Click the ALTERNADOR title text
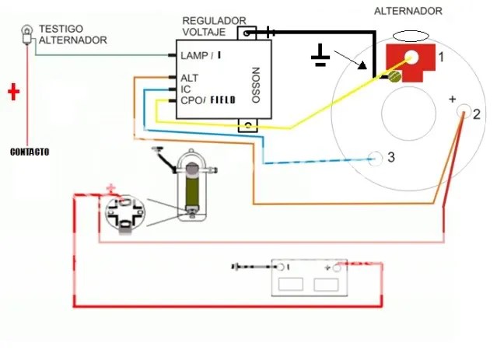point(408,11)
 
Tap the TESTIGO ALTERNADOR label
point(72,34)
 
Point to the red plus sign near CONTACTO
point(13,93)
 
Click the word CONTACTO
point(30,152)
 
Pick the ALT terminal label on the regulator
point(189,78)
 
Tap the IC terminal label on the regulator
point(185,89)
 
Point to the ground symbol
point(320,57)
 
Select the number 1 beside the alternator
point(440,57)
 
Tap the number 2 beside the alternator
point(476,115)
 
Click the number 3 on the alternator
point(390,157)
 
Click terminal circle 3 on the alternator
point(376,158)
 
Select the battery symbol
point(309,277)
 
